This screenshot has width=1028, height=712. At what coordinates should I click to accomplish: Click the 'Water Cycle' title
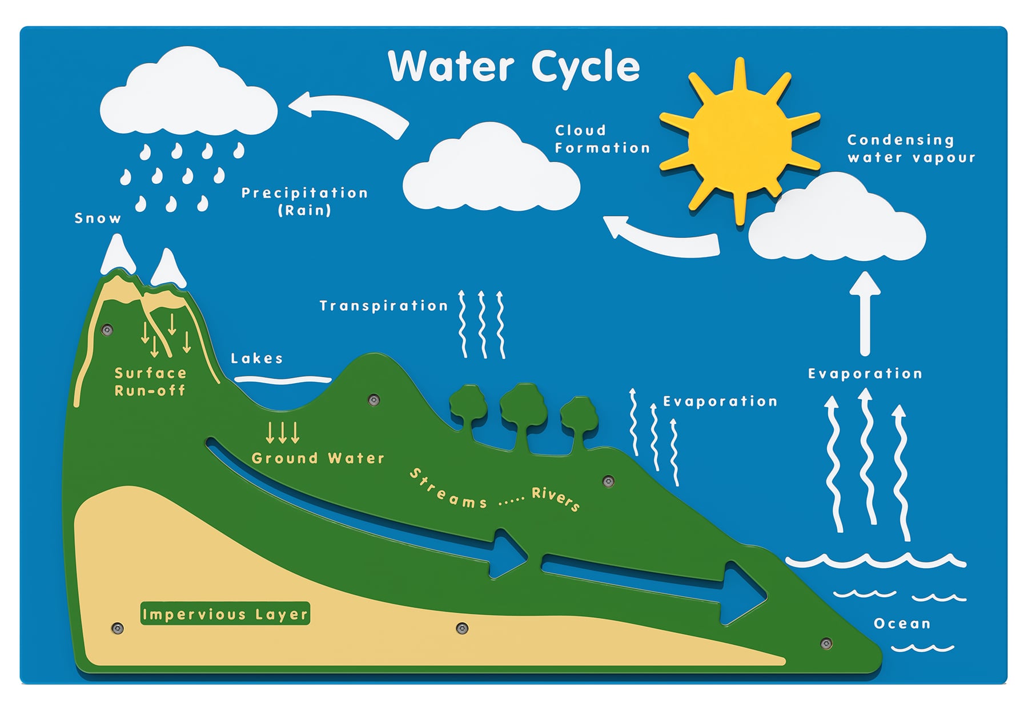(513, 67)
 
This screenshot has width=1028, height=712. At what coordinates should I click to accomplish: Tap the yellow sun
(739, 140)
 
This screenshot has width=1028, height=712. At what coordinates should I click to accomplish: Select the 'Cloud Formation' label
(602, 139)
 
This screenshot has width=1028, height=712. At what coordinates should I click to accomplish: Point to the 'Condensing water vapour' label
(911, 148)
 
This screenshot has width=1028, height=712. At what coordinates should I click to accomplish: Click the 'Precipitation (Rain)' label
(304, 202)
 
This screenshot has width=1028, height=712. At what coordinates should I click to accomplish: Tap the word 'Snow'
(98, 219)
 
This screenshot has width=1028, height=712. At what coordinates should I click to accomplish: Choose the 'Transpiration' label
(383, 306)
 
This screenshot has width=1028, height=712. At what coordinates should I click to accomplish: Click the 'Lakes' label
(257, 359)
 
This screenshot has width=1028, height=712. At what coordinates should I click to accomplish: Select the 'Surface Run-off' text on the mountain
(150, 382)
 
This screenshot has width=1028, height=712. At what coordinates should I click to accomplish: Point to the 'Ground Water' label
(318, 458)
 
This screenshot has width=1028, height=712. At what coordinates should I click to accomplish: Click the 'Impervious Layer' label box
(225, 614)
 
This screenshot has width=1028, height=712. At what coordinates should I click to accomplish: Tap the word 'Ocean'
(902, 623)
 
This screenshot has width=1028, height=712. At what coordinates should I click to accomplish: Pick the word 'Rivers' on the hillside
(556, 498)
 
